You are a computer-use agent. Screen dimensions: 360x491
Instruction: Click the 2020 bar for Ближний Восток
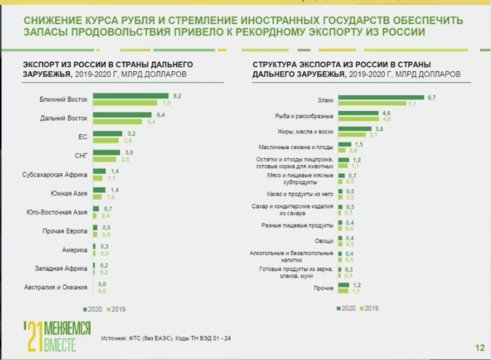point(130,96)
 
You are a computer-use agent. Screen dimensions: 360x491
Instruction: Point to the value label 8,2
point(177,96)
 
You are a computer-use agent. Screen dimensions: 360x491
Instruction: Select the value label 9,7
point(431,97)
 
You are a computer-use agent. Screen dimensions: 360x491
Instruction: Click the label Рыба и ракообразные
point(304,116)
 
